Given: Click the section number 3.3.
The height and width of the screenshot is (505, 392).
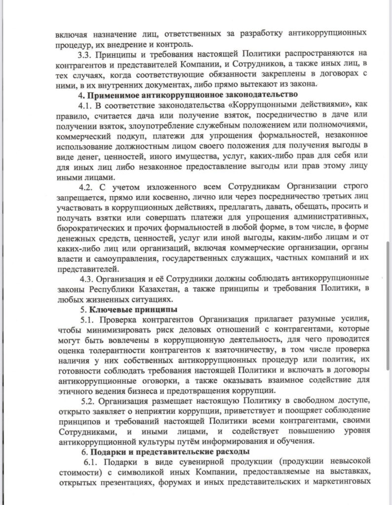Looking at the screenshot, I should click(88, 54).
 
